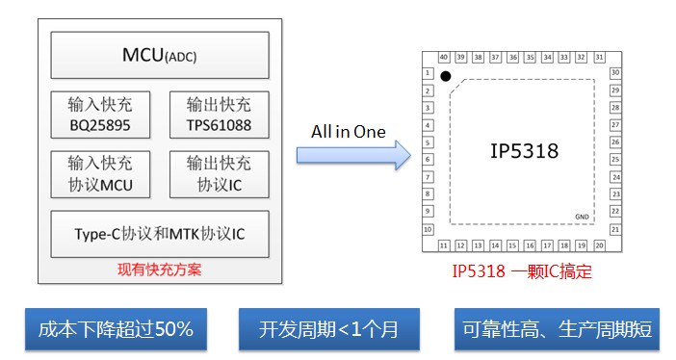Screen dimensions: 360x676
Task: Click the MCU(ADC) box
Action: pyautogui.click(x=159, y=55)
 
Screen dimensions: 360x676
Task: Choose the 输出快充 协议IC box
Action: pyautogui.click(x=218, y=173)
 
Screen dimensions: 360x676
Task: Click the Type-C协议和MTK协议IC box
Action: pyautogui.click(x=159, y=234)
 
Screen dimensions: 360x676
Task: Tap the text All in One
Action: pyautogui.click(x=348, y=130)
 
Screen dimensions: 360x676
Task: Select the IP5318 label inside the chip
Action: pyautogui.click(x=524, y=151)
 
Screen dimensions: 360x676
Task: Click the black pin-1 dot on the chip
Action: pyautogui.click(x=445, y=76)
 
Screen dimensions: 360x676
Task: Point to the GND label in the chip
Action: pyautogui.click(x=582, y=217)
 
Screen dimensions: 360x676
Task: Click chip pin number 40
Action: pyautogui.click(x=444, y=58)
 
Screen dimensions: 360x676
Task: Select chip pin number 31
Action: pyautogui.click(x=598, y=58)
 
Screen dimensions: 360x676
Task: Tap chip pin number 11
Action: pyautogui.click(x=444, y=244)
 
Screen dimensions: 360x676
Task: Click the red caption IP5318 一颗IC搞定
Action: pyautogui.click(x=522, y=271)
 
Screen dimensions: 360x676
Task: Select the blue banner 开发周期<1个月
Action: pyautogui.click(x=328, y=330)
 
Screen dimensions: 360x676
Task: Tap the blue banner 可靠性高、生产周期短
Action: pyautogui.click(x=557, y=330)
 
